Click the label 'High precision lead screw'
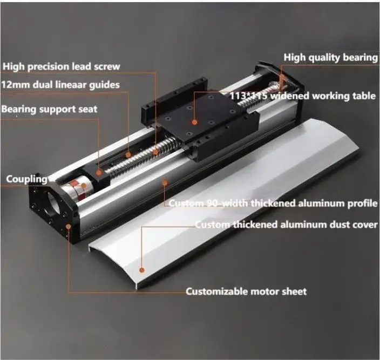(x=61, y=67)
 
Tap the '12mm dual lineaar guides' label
(x=60, y=85)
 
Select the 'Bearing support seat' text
(x=49, y=110)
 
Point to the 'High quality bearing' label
(x=330, y=57)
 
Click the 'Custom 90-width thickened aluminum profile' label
(x=273, y=203)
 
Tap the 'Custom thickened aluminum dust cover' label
(x=286, y=225)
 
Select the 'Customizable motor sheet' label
(x=246, y=291)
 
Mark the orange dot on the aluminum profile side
(x=164, y=182)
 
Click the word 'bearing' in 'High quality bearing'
(x=358, y=57)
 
